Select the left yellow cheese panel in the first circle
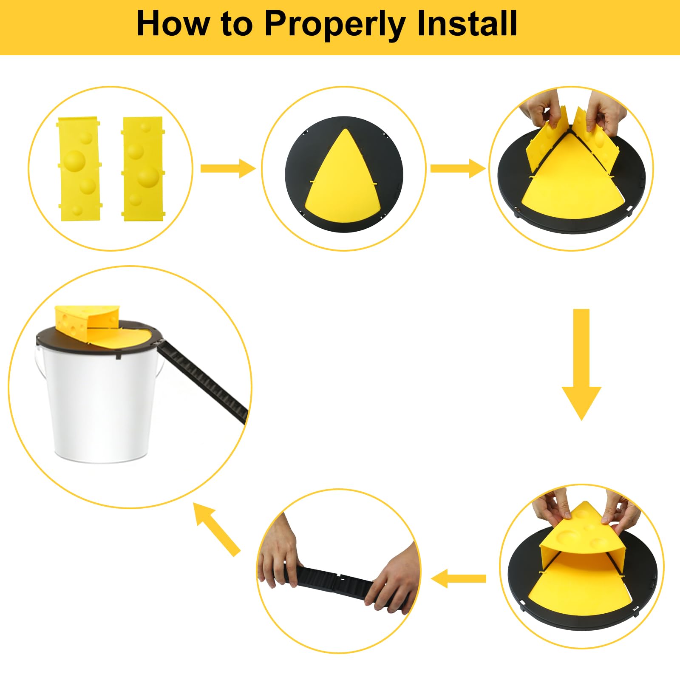(x=79, y=169)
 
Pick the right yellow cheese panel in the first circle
(x=142, y=169)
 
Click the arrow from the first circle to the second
(x=228, y=169)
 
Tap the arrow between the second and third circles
(x=458, y=169)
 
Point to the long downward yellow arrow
(x=581, y=365)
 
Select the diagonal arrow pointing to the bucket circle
(x=217, y=529)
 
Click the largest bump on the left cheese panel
(x=75, y=160)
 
